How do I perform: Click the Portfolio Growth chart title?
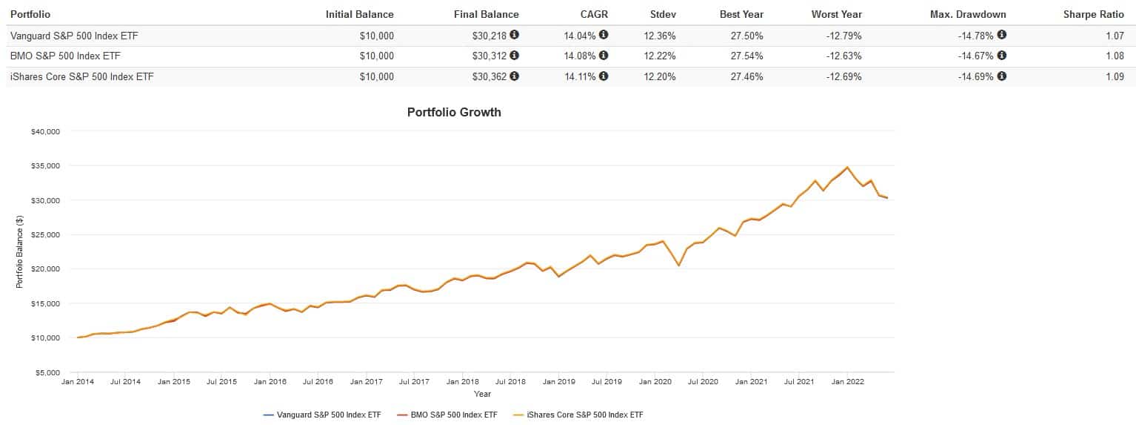click(454, 113)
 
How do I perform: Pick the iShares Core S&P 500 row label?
click(81, 76)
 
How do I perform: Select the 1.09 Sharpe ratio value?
click(1115, 76)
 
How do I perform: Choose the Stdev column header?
click(663, 14)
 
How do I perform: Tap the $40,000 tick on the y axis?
click(45, 132)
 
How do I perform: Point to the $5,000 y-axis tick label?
click(47, 373)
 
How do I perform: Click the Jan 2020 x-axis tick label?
click(655, 382)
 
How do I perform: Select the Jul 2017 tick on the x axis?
click(414, 382)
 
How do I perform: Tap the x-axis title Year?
click(482, 394)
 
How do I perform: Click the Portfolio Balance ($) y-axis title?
click(19, 252)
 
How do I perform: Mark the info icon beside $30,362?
click(514, 76)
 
